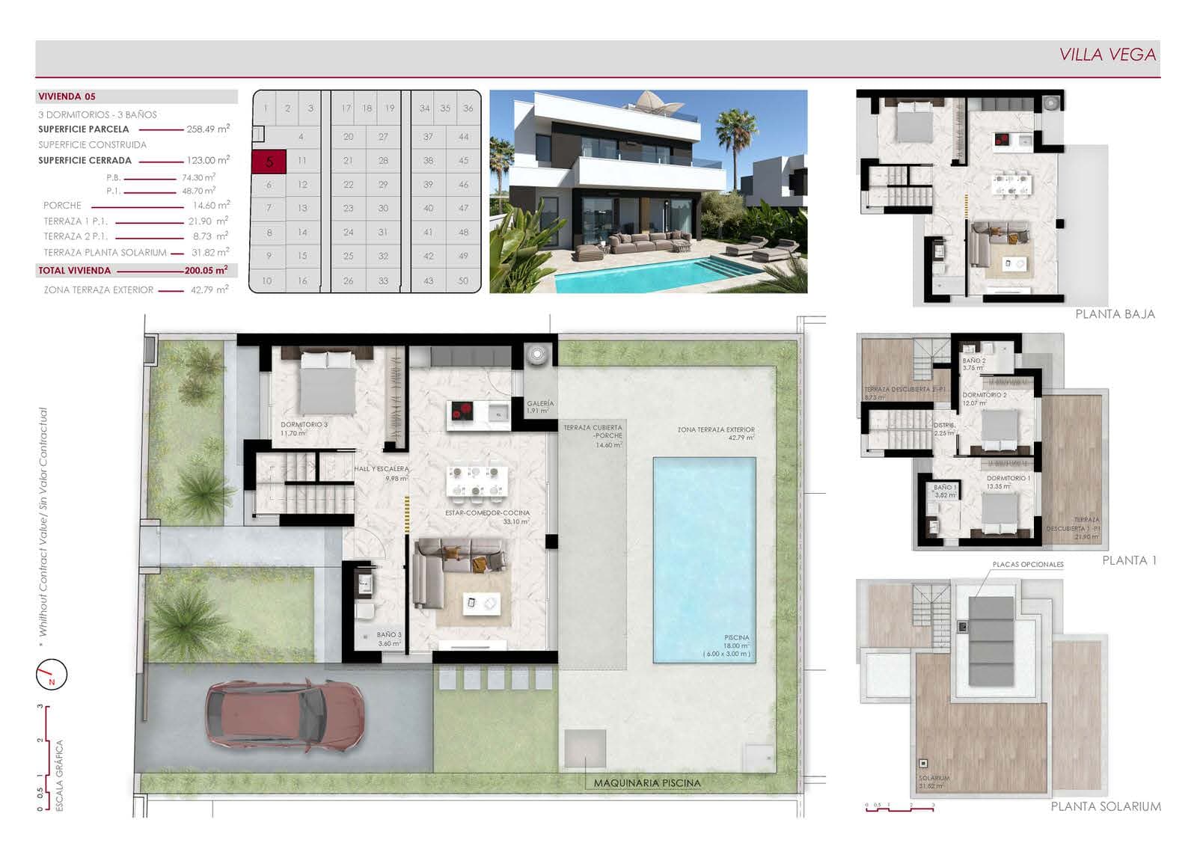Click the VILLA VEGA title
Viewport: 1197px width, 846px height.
coord(1107,55)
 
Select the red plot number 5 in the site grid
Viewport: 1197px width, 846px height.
coord(269,161)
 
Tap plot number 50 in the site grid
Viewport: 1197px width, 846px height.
coord(463,281)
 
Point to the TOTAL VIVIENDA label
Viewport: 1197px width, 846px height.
coord(74,271)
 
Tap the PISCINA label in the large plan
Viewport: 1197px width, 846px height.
coord(736,637)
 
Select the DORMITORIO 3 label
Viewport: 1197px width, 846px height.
coord(304,424)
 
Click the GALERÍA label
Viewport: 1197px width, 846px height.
coord(539,403)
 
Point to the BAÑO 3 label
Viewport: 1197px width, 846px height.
coord(389,634)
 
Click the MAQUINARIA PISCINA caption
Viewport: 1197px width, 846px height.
coord(647,783)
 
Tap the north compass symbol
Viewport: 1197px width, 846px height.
coord(52,675)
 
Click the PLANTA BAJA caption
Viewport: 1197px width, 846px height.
coord(1115,314)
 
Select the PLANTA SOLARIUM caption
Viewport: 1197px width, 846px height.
coord(1106,806)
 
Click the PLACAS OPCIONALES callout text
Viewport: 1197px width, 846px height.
coord(1027,565)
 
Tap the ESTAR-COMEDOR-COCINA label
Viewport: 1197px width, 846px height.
coord(487,513)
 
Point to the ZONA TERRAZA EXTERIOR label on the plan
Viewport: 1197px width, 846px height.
coord(716,430)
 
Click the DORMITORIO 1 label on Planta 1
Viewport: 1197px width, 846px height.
coord(1008,478)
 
